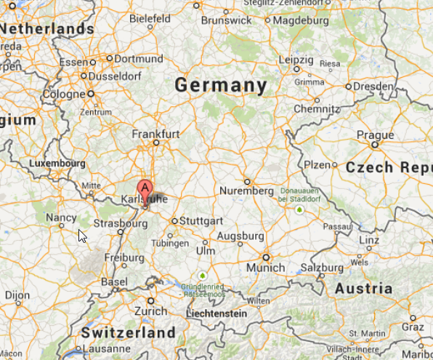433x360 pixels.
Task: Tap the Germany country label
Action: [221, 86]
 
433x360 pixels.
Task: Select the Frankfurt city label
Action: [155, 135]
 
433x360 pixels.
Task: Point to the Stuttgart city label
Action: [202, 220]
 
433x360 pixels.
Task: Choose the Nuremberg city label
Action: [246, 191]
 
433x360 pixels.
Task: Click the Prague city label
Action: [376, 135]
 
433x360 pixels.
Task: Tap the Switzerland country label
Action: [128, 333]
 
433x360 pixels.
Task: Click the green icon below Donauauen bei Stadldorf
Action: [299, 210]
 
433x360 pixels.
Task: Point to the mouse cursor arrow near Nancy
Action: [81, 234]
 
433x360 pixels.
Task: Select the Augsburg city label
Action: [240, 236]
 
